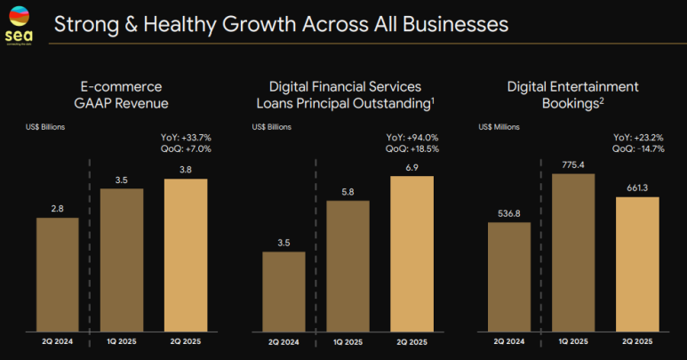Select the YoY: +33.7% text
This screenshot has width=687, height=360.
[186, 137]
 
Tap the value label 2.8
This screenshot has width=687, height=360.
[57, 207]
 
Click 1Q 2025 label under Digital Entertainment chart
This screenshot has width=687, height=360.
[573, 340]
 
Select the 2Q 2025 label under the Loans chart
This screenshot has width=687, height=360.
[412, 340]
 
